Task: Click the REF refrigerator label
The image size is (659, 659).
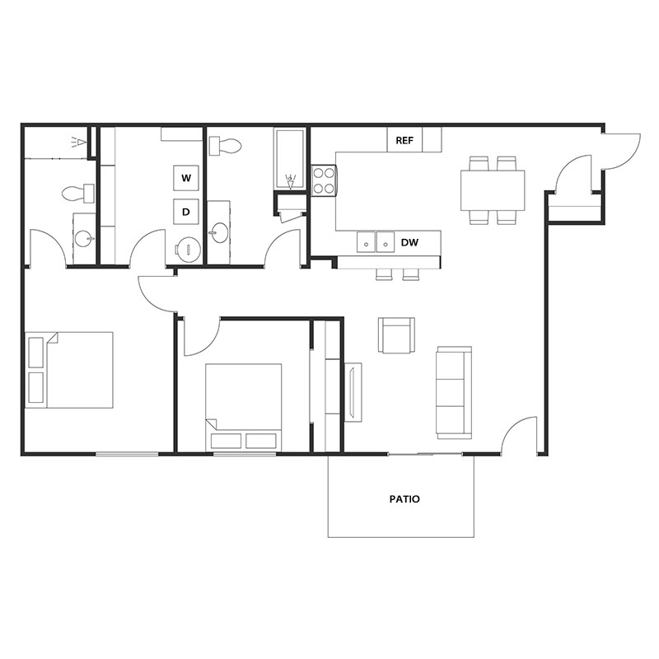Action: pyautogui.click(x=404, y=140)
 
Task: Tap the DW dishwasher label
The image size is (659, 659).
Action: pyautogui.click(x=409, y=243)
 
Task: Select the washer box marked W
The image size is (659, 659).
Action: pyautogui.click(x=186, y=178)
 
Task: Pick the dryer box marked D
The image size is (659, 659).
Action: pyautogui.click(x=186, y=212)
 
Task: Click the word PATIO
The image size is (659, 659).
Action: pyautogui.click(x=404, y=499)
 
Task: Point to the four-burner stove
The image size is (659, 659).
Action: pyautogui.click(x=324, y=180)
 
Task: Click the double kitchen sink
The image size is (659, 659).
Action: pyautogui.click(x=376, y=242)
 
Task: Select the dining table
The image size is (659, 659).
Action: pyautogui.click(x=493, y=190)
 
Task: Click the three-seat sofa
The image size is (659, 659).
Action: pyautogui.click(x=454, y=392)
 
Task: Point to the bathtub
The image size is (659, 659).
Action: pyautogui.click(x=290, y=161)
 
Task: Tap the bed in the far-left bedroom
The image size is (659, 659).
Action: pyautogui.click(x=70, y=370)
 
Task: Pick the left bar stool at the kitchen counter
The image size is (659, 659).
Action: pyautogui.click(x=384, y=274)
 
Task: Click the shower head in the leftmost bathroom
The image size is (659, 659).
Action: pyautogui.click(x=78, y=142)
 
